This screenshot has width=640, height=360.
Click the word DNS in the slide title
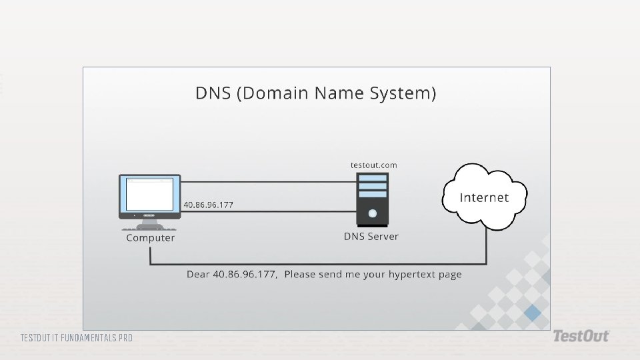point(213,93)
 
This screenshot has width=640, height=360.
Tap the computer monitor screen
point(150,194)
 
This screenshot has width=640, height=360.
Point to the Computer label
point(150,237)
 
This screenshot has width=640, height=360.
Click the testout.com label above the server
point(374,165)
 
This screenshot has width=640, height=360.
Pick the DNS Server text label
point(371,236)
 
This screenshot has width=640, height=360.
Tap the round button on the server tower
point(372,213)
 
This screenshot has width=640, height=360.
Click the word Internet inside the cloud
point(484,197)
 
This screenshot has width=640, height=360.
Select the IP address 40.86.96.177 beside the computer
point(208,205)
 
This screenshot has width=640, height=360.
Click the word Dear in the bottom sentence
point(198,274)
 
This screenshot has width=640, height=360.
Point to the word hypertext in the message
point(412,275)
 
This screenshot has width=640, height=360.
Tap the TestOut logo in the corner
point(581,336)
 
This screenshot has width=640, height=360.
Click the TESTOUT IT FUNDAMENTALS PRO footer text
point(77,338)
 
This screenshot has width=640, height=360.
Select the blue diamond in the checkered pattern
point(533,313)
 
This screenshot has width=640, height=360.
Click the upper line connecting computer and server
point(269,182)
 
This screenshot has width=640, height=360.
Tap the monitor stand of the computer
point(149,225)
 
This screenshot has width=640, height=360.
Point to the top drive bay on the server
point(372,178)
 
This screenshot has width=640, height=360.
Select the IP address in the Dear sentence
point(245,274)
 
